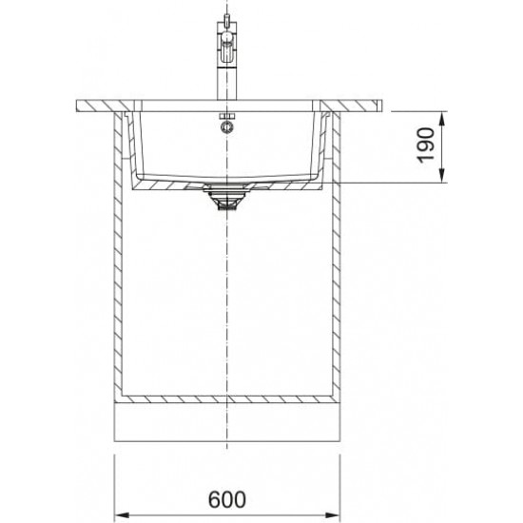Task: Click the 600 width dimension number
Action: pyautogui.click(x=227, y=499)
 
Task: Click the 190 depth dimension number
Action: pyautogui.click(x=426, y=145)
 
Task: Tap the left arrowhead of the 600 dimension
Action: pyautogui.click(x=122, y=515)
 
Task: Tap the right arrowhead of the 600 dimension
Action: pyautogui.click(x=332, y=515)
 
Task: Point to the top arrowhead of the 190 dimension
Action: pyautogui.click(x=442, y=119)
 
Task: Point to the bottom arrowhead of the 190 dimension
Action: pyautogui.click(x=442, y=176)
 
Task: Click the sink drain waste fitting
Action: pyautogui.click(x=227, y=198)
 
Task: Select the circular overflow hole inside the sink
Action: pyautogui.click(x=227, y=126)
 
